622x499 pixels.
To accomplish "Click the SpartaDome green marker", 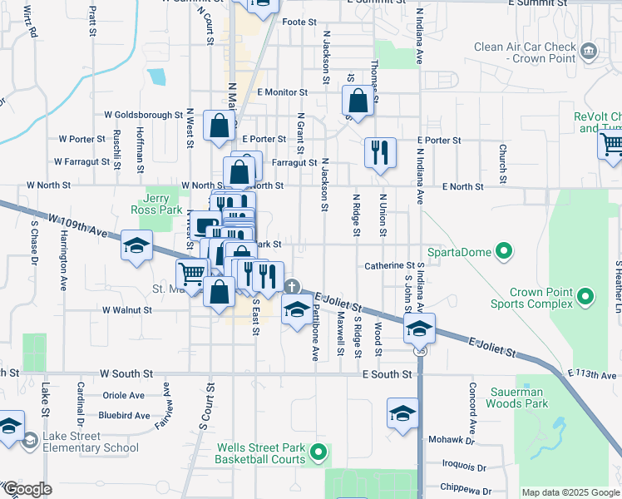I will (503, 251).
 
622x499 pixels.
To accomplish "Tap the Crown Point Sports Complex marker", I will (586, 296).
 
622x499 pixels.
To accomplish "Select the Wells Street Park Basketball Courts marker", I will (317, 453).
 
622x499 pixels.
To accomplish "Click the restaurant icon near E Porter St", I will (380, 152).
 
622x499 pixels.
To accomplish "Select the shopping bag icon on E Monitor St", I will (358, 101).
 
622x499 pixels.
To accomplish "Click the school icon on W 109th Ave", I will (136, 245).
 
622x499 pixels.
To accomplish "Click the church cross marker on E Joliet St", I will (291, 287).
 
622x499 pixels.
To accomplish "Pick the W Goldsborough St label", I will (143, 115).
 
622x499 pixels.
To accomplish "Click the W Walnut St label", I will (126, 309).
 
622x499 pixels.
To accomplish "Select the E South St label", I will (387, 375).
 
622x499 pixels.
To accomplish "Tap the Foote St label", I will (300, 22).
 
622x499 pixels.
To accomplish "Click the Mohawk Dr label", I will (450, 439).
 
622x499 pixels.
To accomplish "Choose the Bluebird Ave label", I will (124, 415).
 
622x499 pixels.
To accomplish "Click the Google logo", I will (27, 489).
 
